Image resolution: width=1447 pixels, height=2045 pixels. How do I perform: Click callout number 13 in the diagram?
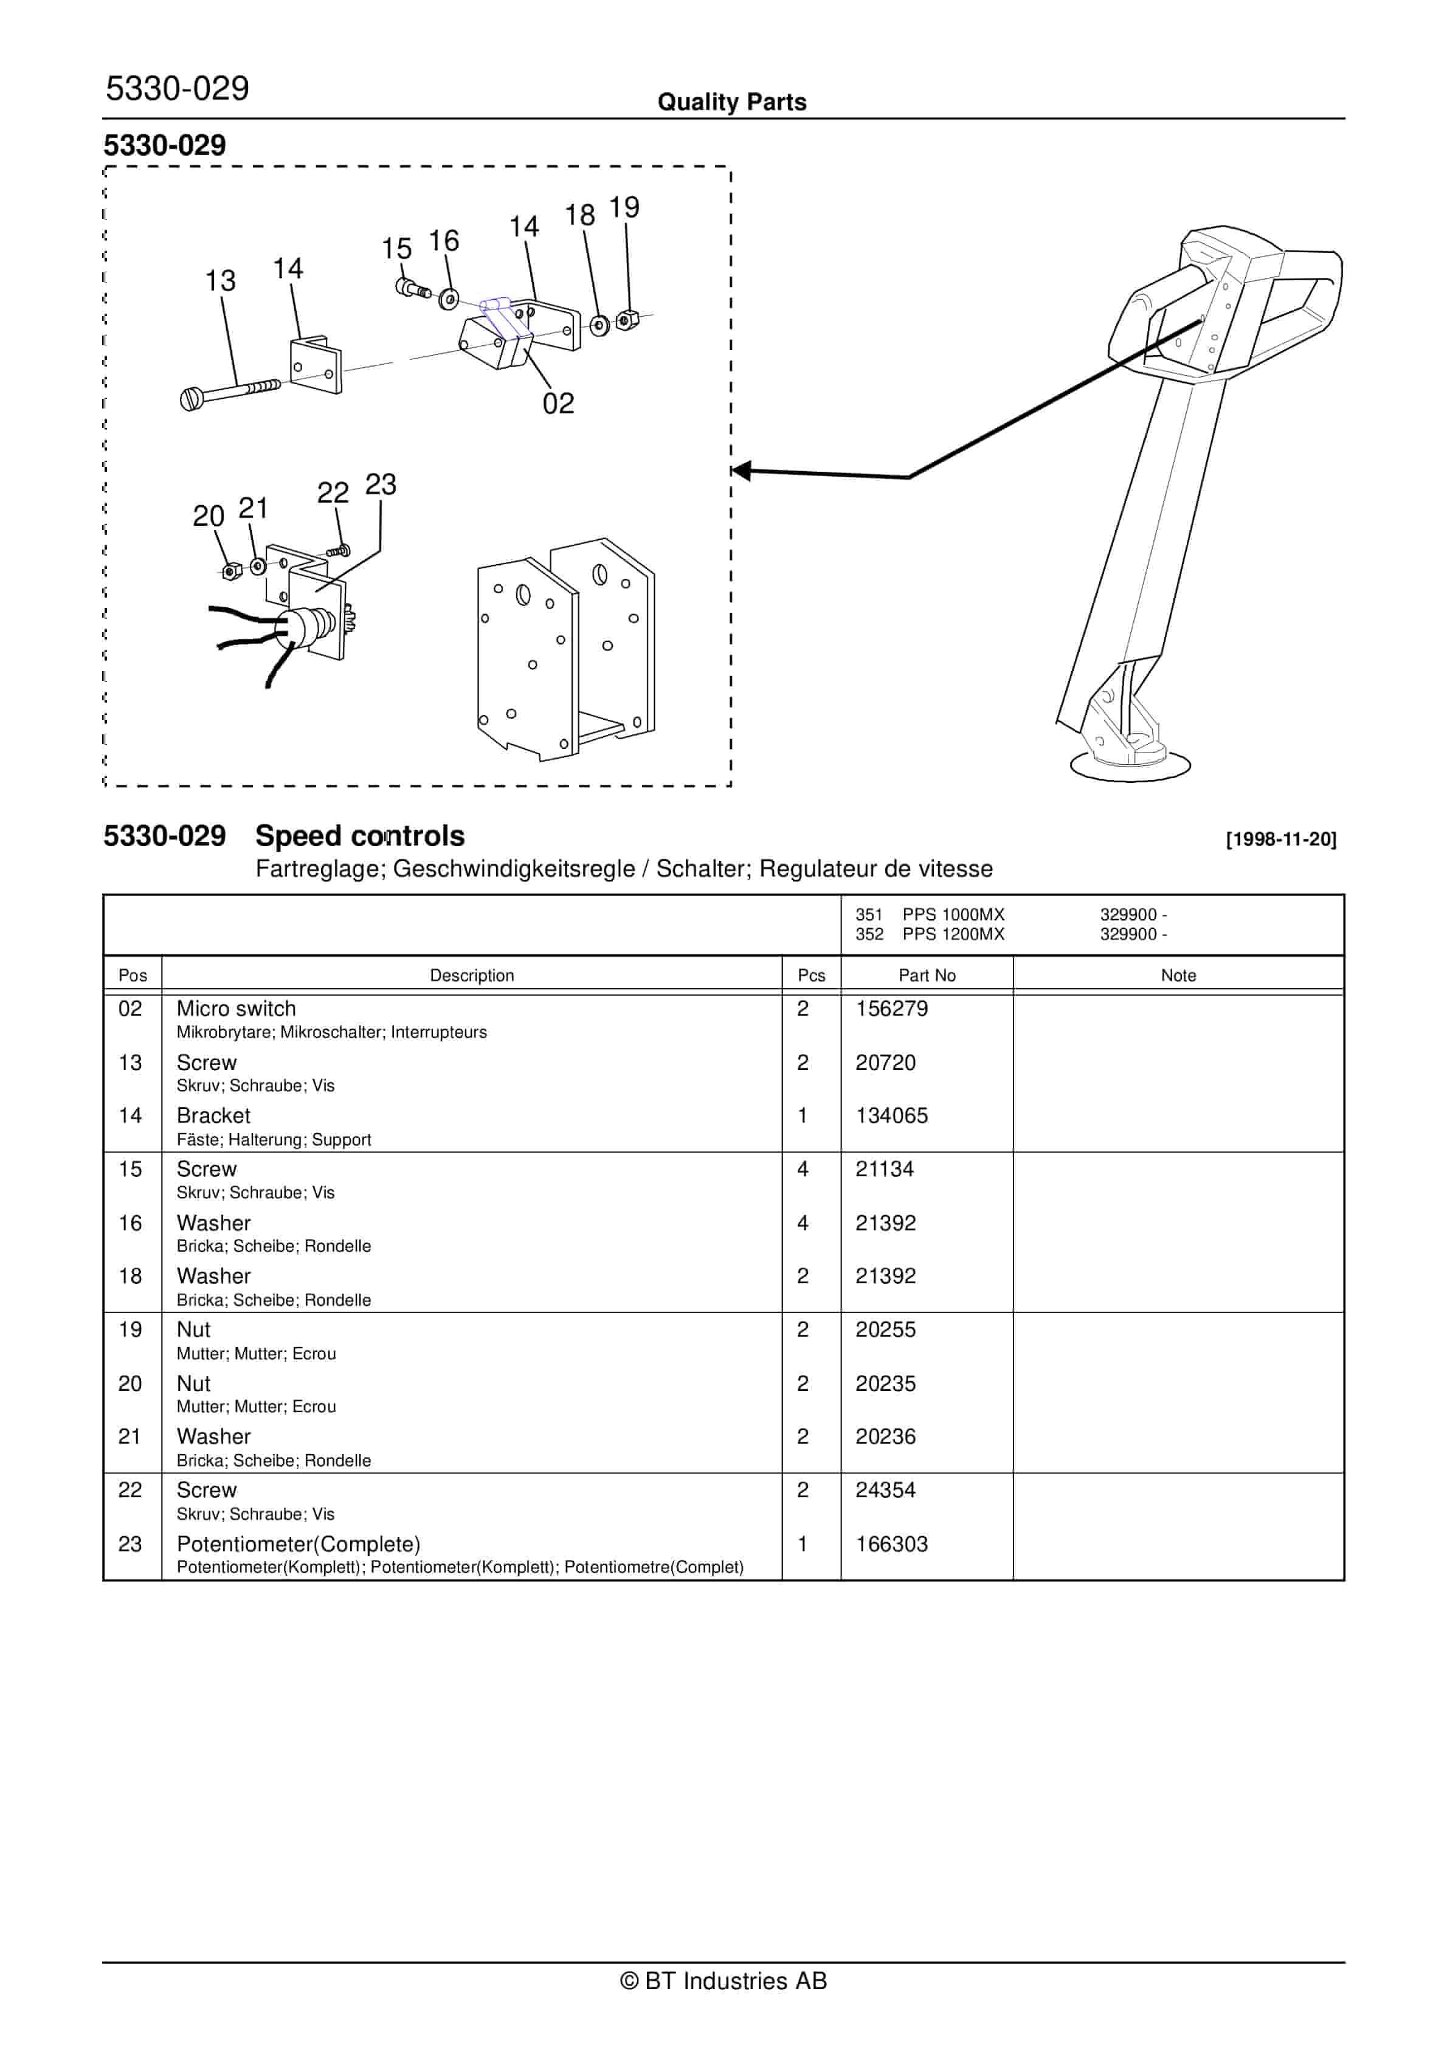[x=220, y=281]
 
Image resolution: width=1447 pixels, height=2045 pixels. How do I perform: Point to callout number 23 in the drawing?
[x=381, y=485]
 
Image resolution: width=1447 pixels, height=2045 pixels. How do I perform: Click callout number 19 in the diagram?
[x=624, y=207]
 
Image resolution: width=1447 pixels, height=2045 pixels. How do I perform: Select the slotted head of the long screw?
[x=191, y=400]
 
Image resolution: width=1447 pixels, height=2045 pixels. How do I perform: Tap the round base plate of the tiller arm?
[x=1130, y=766]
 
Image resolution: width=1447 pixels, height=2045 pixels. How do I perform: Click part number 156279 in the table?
[x=891, y=1009]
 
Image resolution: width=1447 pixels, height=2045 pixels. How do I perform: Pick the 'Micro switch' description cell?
[x=236, y=1009]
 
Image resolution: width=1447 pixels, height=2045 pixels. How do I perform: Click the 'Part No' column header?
[x=927, y=975]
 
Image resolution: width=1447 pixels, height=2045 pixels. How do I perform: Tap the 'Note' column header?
[x=1178, y=975]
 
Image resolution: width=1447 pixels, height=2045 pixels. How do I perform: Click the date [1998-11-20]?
[x=1280, y=839]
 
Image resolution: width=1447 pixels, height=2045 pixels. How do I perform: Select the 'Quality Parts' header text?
[x=731, y=102]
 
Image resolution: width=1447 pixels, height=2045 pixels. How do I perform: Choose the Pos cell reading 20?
[x=130, y=1383]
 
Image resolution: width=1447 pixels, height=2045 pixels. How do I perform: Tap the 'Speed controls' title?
[x=360, y=836]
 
